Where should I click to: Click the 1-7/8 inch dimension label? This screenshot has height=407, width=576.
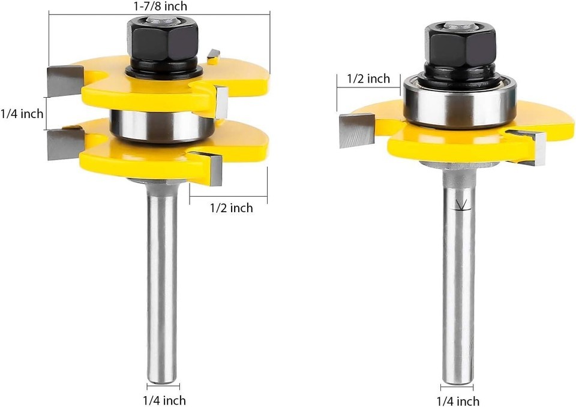coord(160,6)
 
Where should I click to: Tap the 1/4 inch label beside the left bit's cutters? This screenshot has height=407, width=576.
coord(22,114)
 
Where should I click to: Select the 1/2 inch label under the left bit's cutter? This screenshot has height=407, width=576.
coord(232,208)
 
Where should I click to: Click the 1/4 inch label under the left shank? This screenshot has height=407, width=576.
coord(164,400)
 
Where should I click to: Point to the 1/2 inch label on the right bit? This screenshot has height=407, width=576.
coord(368,79)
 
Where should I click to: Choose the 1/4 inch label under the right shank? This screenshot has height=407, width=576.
coord(458,401)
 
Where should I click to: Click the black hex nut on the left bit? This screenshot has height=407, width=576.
coord(163,40)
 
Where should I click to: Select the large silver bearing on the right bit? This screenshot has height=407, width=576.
coord(460,100)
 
